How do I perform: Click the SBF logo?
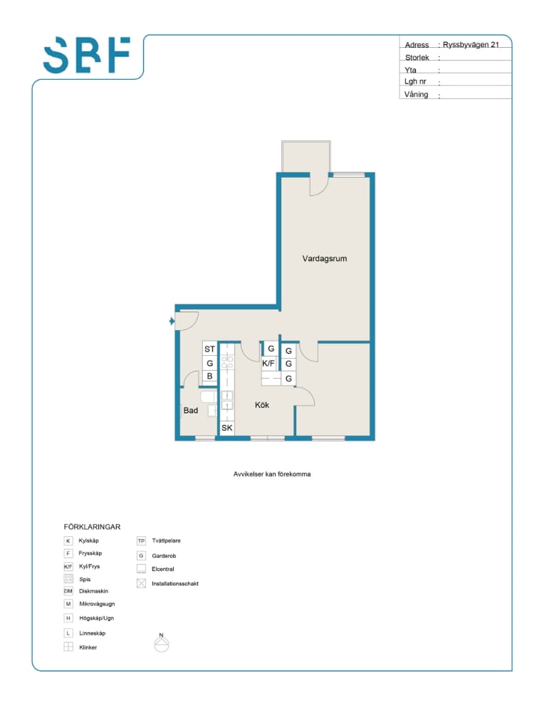pyautogui.click(x=87, y=55)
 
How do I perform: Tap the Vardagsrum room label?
pyautogui.click(x=324, y=258)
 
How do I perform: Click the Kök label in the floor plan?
pyautogui.click(x=262, y=405)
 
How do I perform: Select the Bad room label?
pyautogui.click(x=191, y=410)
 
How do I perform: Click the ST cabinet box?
pyautogui.click(x=209, y=349)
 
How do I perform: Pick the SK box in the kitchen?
pyautogui.click(x=226, y=427)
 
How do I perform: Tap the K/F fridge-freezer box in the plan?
pyautogui.click(x=269, y=364)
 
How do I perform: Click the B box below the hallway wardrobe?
pyautogui.click(x=209, y=376)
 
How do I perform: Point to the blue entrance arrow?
pyautogui.click(x=172, y=321)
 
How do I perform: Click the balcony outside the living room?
pyautogui.click(x=306, y=156)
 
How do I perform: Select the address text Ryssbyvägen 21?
pyautogui.click(x=471, y=44)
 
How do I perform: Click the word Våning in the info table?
pyautogui.click(x=416, y=94)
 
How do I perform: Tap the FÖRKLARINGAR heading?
pyautogui.click(x=92, y=527)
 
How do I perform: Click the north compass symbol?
pyautogui.click(x=162, y=642)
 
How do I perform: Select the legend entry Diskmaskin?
pyautogui.click(x=93, y=591)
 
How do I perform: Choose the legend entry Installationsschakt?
pyautogui.click(x=175, y=583)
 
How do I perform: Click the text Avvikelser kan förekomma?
pyautogui.click(x=272, y=474)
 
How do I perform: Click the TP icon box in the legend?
pyautogui.click(x=141, y=541)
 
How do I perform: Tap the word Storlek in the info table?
pyautogui.click(x=417, y=57)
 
